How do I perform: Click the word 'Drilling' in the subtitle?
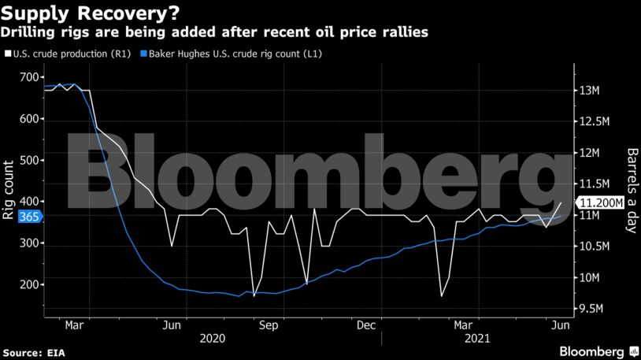pyautogui.click(x=27, y=33)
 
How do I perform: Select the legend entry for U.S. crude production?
pyautogui.click(x=67, y=54)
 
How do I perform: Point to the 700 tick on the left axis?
pyautogui.click(x=29, y=77)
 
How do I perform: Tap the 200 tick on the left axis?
pyautogui.click(x=29, y=284)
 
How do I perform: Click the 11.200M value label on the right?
pyautogui.click(x=602, y=202)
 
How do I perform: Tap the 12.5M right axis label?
pyautogui.click(x=595, y=122)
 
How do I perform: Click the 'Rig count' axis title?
pyautogui.click(x=9, y=190)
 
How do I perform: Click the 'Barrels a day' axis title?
pyautogui.click(x=632, y=190)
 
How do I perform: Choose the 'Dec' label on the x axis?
pyautogui.click(x=365, y=324)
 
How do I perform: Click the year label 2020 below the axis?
pyautogui.click(x=212, y=338)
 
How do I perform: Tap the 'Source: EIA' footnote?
pyautogui.click(x=35, y=351)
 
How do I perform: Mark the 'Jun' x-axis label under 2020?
pyautogui.click(x=172, y=324)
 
